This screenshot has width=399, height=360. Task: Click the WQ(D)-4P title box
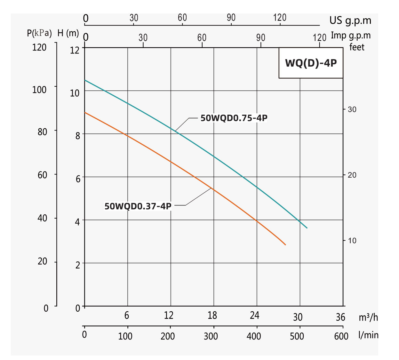[311, 63]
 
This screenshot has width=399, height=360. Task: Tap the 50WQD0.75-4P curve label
[234, 118]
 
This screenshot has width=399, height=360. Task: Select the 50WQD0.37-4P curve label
[138, 206]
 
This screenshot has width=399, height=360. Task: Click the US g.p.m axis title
[350, 20]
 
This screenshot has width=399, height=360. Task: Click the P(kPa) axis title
[39, 33]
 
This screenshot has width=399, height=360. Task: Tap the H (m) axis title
[68, 33]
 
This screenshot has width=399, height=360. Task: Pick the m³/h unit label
[368, 317]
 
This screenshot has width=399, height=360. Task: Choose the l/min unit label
[368, 335]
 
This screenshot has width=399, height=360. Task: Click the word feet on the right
[357, 47]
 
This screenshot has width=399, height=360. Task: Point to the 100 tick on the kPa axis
[39, 90]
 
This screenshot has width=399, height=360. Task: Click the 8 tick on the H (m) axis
[77, 136]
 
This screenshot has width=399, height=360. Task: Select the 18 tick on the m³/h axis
[212, 316]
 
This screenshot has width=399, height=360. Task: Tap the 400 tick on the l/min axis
[254, 336]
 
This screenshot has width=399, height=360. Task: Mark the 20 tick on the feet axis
[352, 175]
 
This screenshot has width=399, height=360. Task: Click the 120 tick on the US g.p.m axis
[280, 17]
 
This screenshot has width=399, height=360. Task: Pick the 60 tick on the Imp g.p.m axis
[202, 38]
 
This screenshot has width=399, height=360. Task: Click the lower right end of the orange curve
[285, 245]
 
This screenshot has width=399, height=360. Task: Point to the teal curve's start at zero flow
[85, 80]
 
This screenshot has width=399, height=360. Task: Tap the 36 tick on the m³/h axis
[340, 317]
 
